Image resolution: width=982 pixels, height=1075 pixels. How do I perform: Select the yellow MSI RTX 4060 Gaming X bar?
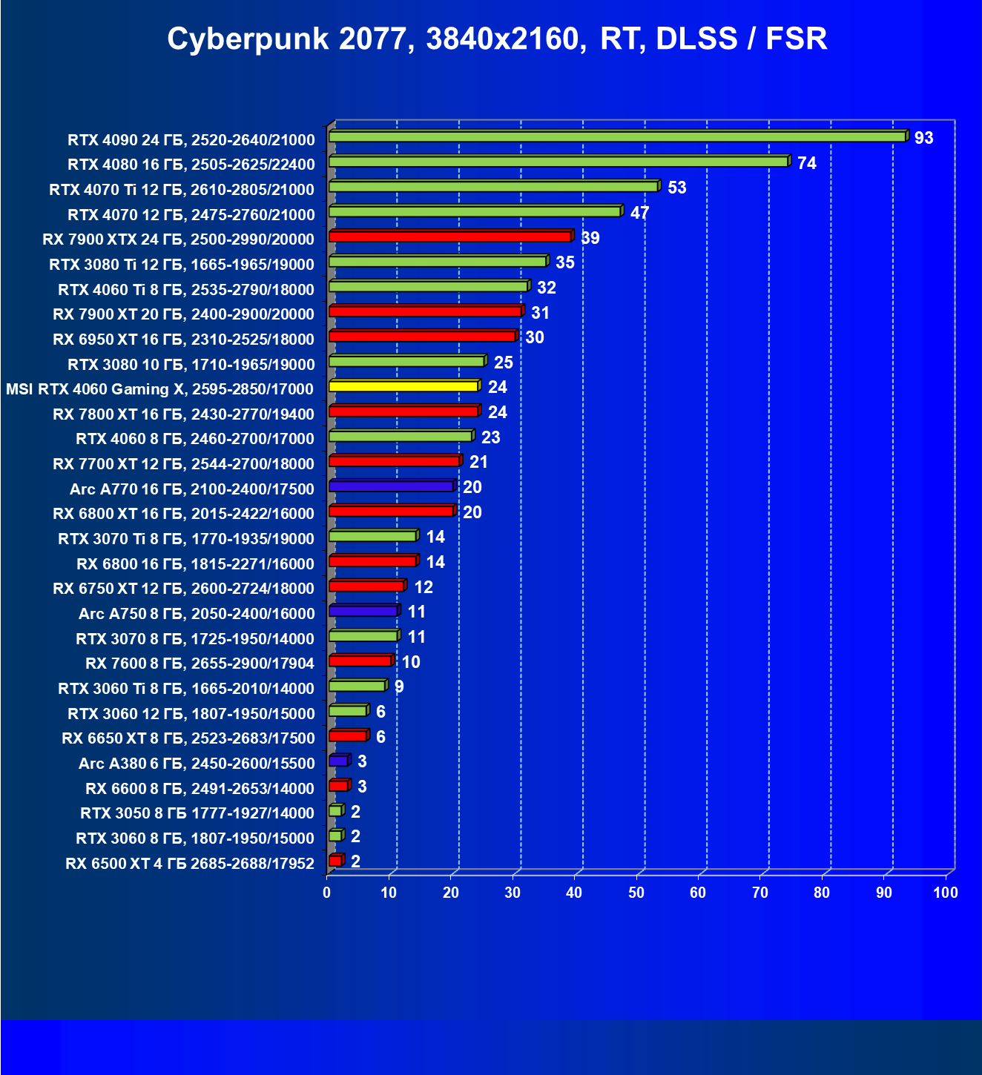pos(403,386)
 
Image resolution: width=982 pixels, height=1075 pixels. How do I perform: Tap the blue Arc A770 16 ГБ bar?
pos(391,486)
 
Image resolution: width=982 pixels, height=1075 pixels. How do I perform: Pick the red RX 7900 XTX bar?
pos(449,236)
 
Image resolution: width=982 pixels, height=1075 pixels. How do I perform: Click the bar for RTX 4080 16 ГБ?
pos(558,162)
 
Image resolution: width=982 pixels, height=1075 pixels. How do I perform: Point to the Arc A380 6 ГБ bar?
pos(338,761)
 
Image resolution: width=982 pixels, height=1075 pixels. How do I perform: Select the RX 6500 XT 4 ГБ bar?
pos(335,861)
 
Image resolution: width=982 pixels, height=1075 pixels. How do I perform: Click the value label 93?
pos(923,138)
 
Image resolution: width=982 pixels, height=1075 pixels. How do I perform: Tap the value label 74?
pos(806,163)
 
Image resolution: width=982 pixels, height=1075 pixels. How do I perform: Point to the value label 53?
pos(676,188)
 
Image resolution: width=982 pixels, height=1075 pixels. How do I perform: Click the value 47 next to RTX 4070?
pos(639,213)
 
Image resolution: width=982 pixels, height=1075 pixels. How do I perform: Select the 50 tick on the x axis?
pos(636,893)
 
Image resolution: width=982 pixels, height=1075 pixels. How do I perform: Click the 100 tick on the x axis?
pos(946,893)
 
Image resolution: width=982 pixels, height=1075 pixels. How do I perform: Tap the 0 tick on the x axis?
pos(327,893)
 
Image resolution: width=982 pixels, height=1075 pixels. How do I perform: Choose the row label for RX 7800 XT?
pos(183,414)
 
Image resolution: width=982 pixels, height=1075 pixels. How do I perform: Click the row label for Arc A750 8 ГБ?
pos(197,613)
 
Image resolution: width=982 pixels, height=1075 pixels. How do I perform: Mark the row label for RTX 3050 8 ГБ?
pos(197,813)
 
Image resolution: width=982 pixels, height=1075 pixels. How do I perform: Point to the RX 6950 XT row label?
pos(183,339)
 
